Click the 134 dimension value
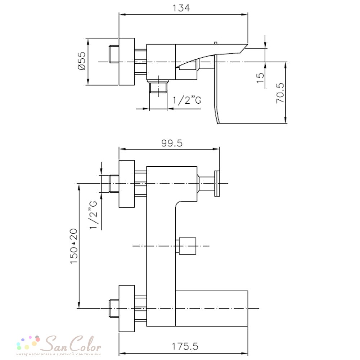(x=181, y=8)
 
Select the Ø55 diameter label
(x=82, y=61)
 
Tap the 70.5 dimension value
(x=280, y=93)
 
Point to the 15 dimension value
(x=260, y=78)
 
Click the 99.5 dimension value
(x=172, y=143)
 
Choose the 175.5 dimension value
(x=185, y=346)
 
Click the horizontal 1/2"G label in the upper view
(x=186, y=100)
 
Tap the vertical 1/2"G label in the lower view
(x=94, y=215)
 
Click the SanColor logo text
(x=73, y=343)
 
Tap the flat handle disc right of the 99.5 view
(x=217, y=184)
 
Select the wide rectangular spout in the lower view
(x=211, y=309)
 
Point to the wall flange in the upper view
(x=126, y=62)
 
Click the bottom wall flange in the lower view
(x=126, y=309)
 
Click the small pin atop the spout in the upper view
(x=215, y=43)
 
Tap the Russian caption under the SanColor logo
(x=59, y=354)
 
